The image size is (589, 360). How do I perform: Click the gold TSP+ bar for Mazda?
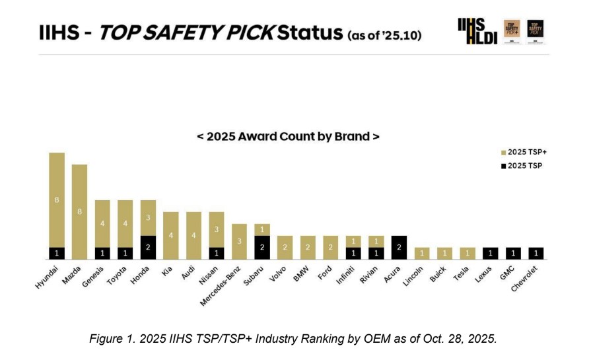coord(79,211)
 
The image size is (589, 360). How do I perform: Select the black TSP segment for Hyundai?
coord(57,253)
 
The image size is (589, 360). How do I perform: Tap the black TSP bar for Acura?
coord(399,247)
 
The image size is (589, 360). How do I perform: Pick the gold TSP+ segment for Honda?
coord(148,217)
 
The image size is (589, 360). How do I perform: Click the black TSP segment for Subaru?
coord(262,247)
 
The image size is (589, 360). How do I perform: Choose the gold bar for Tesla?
coord(468,253)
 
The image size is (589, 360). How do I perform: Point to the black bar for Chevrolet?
coord(536,253)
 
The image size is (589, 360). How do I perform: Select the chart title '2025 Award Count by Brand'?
coord(288,137)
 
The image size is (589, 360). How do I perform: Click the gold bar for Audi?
coord(193,235)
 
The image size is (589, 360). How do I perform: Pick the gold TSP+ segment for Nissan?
coord(217,229)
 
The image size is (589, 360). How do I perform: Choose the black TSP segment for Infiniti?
coord(353,253)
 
